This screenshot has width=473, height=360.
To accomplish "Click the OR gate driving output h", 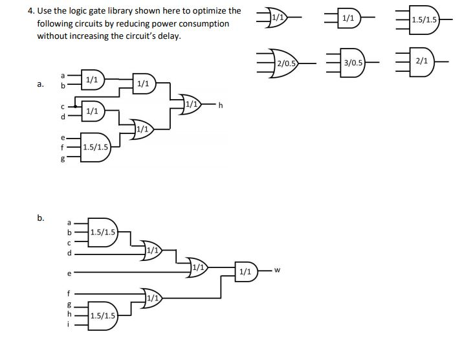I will (x=192, y=104).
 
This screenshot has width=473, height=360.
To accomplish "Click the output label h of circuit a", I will (x=221, y=105).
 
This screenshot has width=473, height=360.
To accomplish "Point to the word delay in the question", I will (x=166, y=36).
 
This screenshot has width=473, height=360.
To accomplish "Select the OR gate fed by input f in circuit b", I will (x=152, y=298).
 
